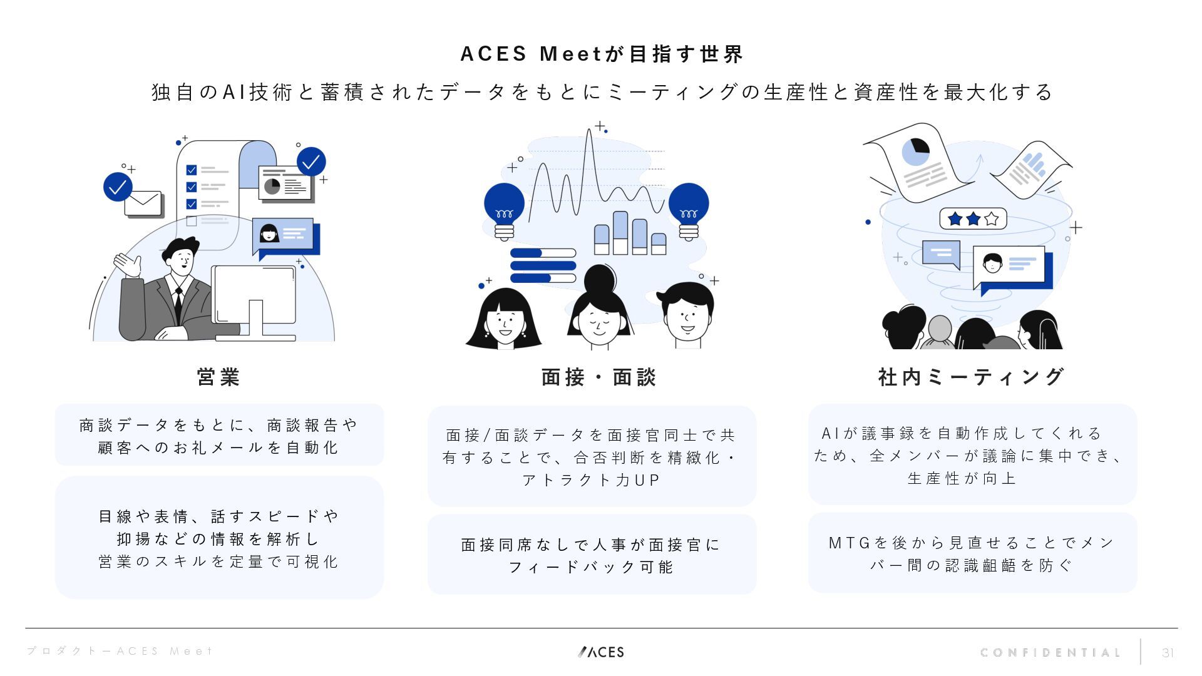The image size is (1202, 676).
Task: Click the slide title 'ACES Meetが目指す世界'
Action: [601, 54]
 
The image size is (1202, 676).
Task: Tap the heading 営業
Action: [218, 377]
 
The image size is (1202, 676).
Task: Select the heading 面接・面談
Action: [598, 377]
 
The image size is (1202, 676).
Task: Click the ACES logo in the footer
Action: [601, 652]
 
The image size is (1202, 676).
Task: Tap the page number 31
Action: [1168, 653]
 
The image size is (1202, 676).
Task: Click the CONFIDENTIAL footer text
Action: [1050, 653]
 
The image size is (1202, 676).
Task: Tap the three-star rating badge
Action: [973, 219]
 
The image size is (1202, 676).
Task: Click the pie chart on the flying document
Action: [915, 151]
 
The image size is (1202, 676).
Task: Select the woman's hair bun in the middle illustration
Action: [600, 277]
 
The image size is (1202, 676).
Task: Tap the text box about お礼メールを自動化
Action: [219, 435]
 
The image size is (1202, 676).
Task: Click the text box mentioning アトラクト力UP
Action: [592, 456]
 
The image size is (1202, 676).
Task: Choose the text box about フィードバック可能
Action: [592, 555]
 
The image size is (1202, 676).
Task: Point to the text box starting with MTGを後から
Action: [972, 553]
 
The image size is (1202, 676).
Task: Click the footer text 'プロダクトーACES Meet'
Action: [120, 652]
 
